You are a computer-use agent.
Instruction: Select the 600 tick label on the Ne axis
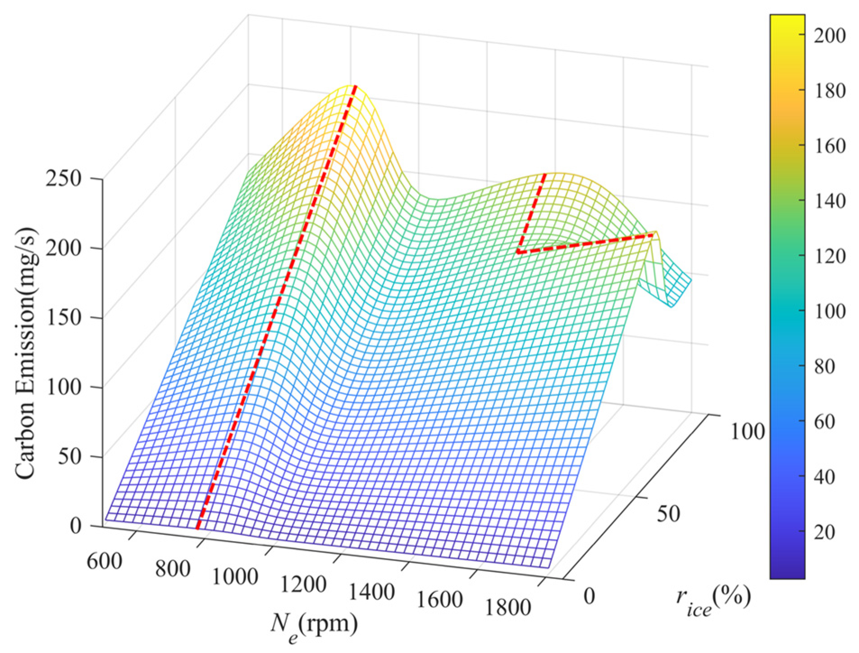(x=104, y=561)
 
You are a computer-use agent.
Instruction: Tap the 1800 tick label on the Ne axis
(x=508, y=607)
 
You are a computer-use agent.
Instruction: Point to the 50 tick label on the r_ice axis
(x=668, y=513)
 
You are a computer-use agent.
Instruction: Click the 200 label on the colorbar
(x=829, y=35)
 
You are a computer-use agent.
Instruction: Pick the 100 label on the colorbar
(x=829, y=311)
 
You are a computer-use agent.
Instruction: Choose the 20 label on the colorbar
(x=824, y=532)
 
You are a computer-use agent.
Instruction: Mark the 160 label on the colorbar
(x=829, y=145)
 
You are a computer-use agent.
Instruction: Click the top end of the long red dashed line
(x=355, y=86)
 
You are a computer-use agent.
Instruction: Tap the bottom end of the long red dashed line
(x=197, y=528)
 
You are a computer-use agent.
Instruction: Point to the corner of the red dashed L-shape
(x=519, y=252)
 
